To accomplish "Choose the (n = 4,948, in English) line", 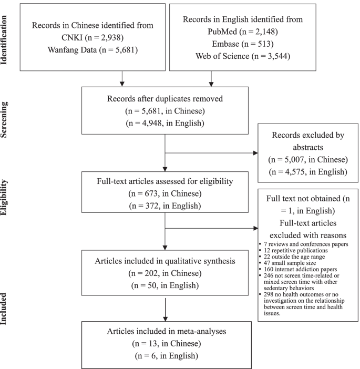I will pos(166,125).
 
